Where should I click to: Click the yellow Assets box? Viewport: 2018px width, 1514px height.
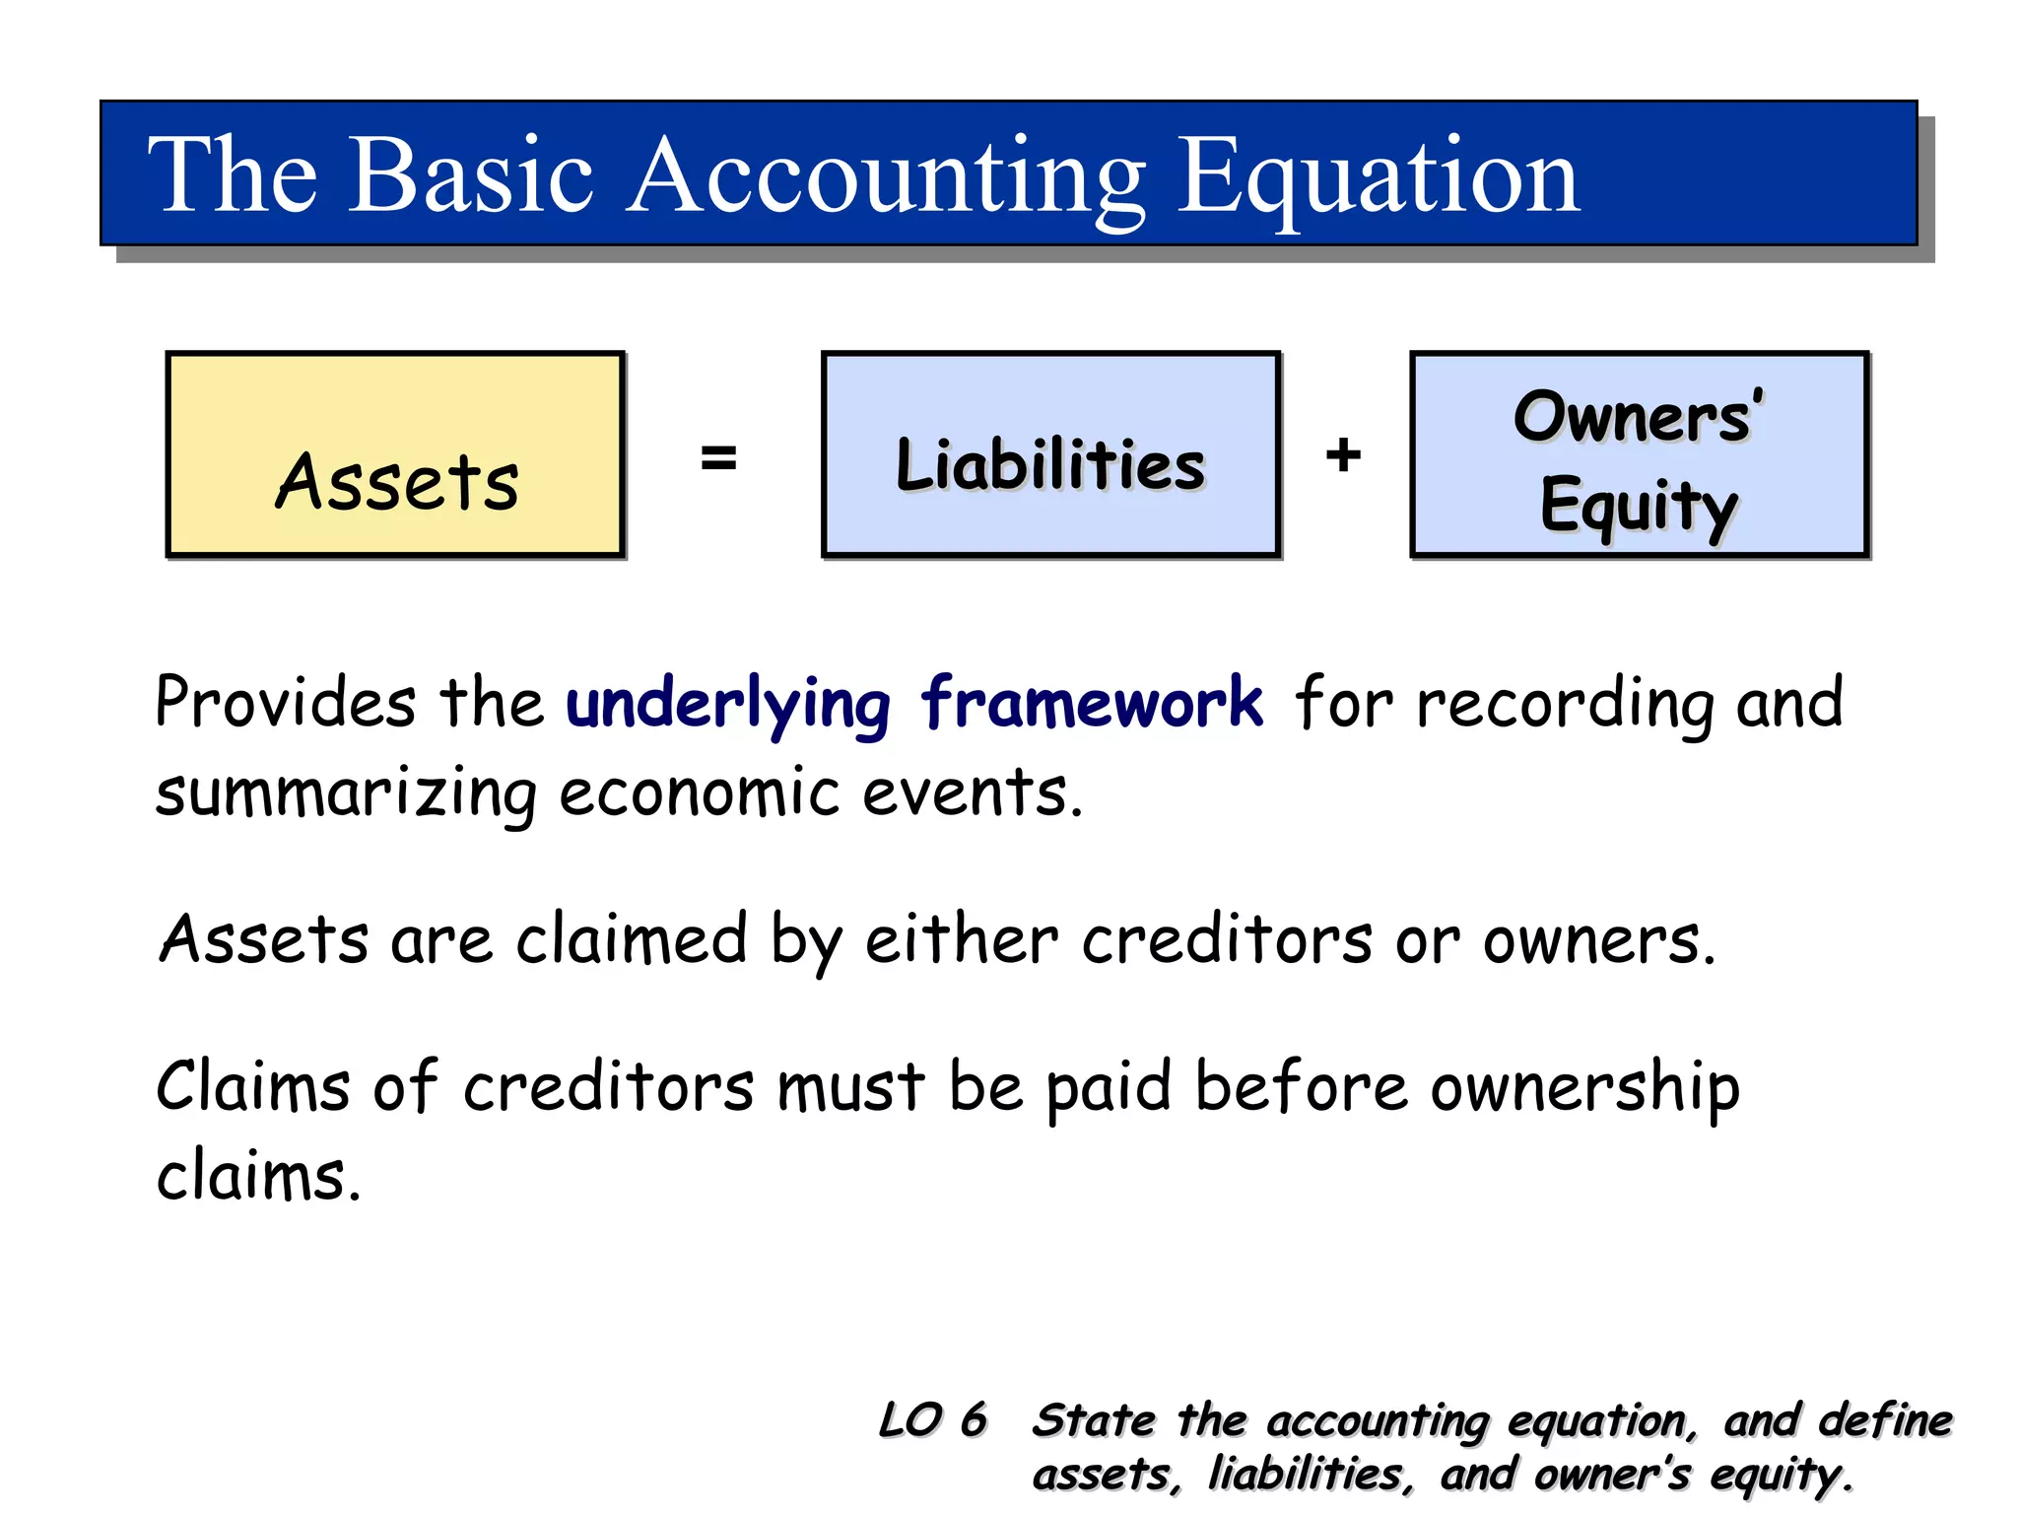395,455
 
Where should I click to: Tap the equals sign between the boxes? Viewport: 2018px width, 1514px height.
718,457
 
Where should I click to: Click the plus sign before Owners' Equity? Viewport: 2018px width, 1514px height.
1343,455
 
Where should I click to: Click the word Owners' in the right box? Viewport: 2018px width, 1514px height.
1638,417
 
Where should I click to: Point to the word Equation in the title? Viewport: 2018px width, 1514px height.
1379,177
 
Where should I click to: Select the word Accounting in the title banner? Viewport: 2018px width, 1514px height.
887,177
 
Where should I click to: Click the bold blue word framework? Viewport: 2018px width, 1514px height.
1091,704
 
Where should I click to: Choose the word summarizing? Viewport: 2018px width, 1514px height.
346,794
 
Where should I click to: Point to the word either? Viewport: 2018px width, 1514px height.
962,939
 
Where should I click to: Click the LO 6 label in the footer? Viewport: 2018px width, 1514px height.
932,1420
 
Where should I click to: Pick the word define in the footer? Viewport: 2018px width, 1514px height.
1885,1420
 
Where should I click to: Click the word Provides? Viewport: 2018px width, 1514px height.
286,704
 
